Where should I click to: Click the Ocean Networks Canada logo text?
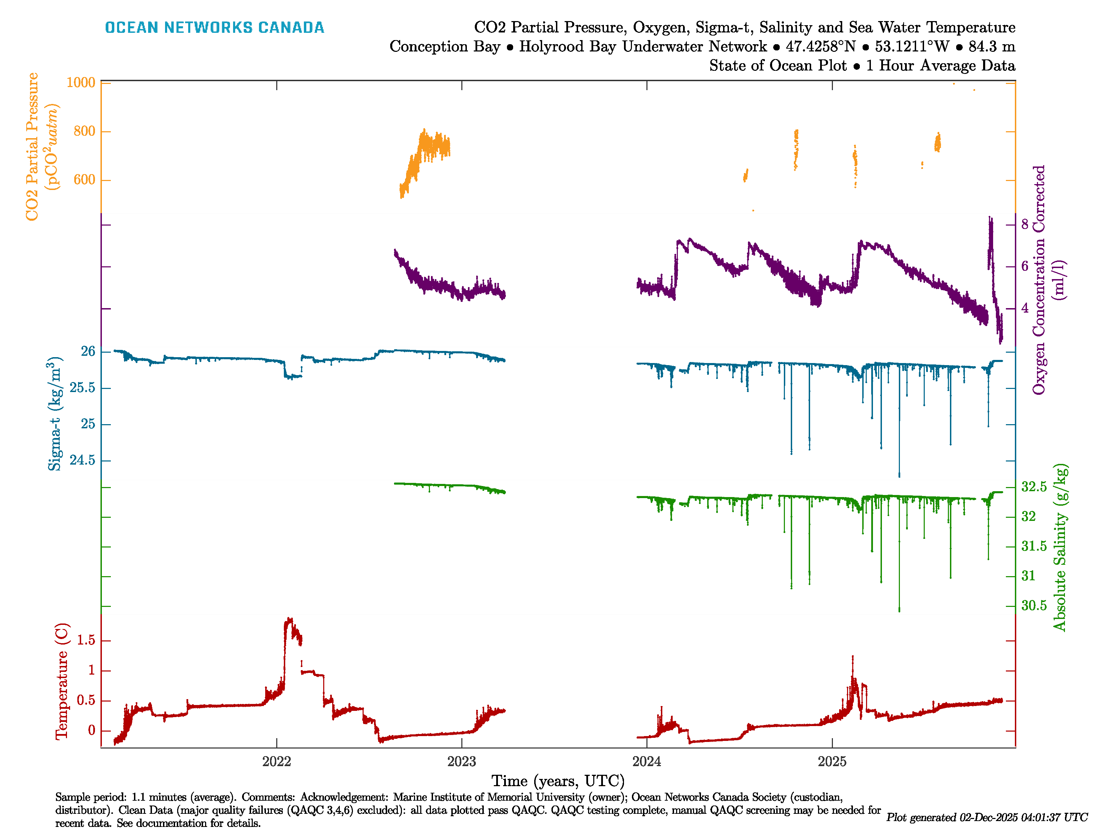point(214,28)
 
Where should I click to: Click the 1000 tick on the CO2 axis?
point(80,83)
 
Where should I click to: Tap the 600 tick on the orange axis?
point(84,180)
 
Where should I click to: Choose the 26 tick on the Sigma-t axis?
point(88,352)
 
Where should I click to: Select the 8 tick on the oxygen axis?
point(1025,225)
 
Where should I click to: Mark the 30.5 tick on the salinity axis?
point(1034,606)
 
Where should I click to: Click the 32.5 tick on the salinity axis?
point(1034,487)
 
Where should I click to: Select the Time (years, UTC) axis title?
point(558,781)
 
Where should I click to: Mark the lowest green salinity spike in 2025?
point(899,610)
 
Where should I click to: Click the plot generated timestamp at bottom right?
point(987,818)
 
